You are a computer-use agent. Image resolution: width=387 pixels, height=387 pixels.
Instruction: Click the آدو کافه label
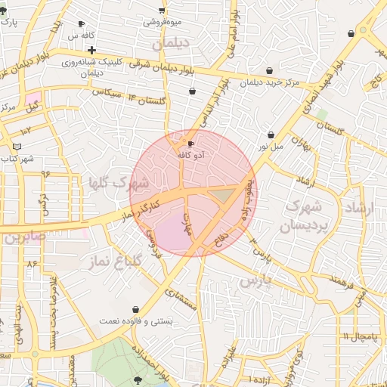[192, 154]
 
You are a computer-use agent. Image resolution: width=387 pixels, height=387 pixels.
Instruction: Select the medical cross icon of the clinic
[91, 50]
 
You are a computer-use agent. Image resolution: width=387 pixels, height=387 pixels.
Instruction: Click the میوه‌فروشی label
[163, 22]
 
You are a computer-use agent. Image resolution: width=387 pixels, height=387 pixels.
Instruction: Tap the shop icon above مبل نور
[271, 135]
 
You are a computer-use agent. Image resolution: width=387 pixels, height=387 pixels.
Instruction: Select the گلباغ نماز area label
[107, 262]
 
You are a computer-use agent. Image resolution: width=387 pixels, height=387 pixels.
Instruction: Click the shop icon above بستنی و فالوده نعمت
[135, 309]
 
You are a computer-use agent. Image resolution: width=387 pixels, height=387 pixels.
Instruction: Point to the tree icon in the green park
[138, 379]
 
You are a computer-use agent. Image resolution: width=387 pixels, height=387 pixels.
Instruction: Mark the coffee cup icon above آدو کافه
[190, 143]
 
